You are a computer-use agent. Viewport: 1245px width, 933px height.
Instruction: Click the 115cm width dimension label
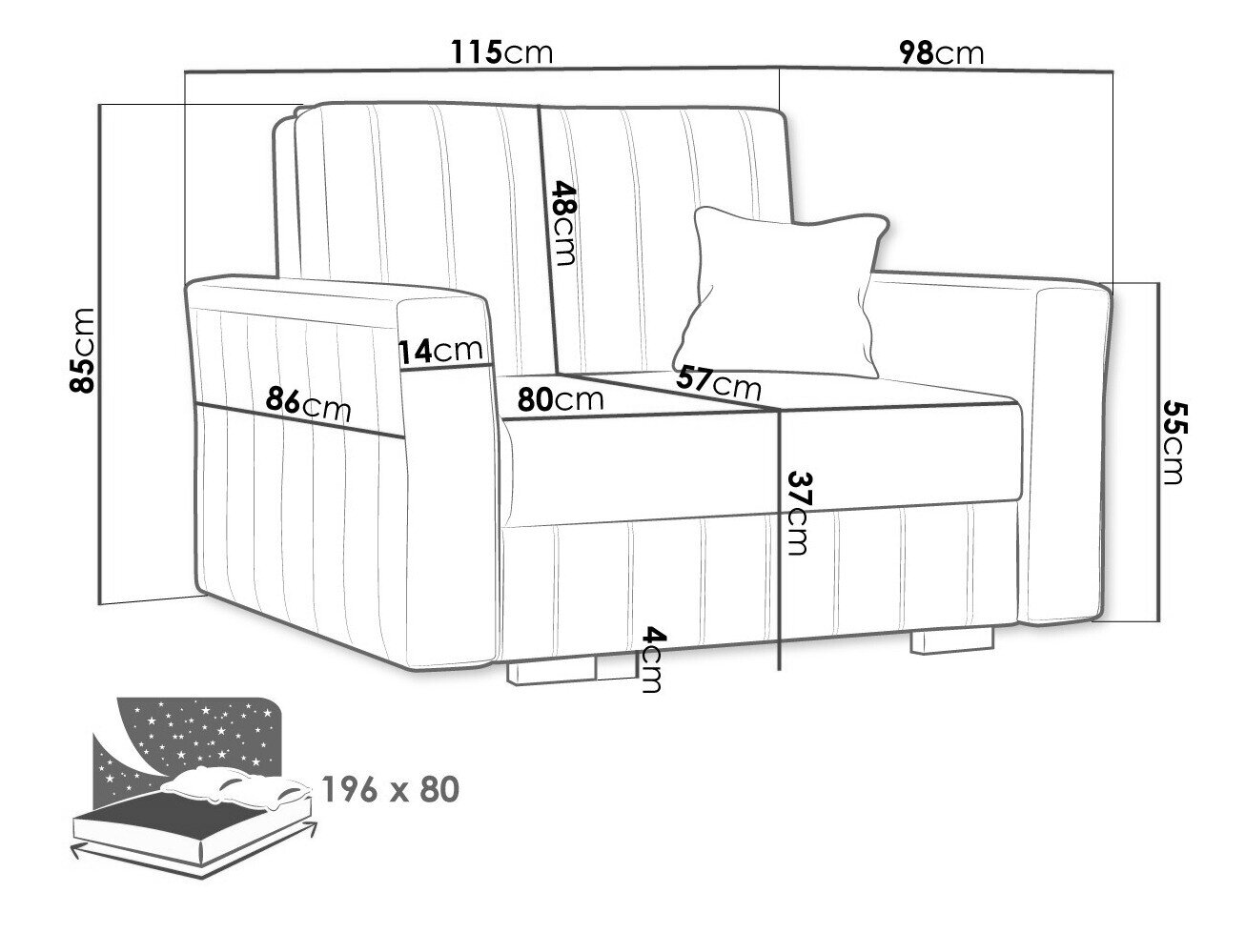501,52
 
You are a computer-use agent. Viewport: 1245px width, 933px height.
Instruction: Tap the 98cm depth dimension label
942,53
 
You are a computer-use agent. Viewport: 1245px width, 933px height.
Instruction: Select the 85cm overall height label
81,351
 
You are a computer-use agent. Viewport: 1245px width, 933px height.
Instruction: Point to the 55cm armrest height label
1172,443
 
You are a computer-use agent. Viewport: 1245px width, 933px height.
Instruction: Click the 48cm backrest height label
564,223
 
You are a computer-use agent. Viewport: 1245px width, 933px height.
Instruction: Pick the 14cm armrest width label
440,352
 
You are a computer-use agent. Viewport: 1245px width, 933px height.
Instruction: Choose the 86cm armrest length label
309,403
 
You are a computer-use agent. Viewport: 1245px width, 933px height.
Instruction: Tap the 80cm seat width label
561,399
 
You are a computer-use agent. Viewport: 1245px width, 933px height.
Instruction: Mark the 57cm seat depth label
719,383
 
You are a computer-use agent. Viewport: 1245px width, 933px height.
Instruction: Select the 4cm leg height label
652,659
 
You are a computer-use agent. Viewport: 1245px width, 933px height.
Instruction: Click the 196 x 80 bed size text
391,790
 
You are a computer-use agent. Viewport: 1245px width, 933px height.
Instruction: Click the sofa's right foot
951,640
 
